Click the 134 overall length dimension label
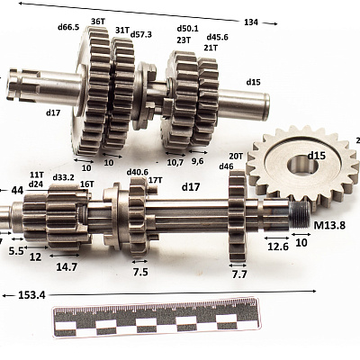pyautogui.click(x=251, y=22)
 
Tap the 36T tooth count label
pyautogui.click(x=98, y=22)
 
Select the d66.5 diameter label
pyautogui.click(x=68, y=27)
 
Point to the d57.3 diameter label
pyautogui.click(x=141, y=34)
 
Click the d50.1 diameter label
pyautogui.click(x=187, y=29)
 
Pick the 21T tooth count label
pyautogui.click(x=211, y=48)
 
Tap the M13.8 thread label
pyautogui.click(x=329, y=225)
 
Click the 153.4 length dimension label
pyautogui.click(x=31, y=295)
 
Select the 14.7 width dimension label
pyautogui.click(x=67, y=266)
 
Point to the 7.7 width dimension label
pyautogui.click(x=239, y=274)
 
